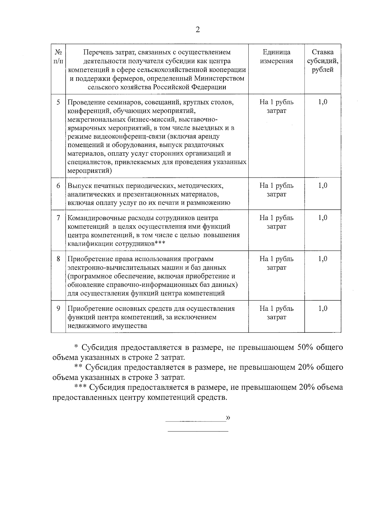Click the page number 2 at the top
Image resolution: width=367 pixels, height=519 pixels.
point(198,30)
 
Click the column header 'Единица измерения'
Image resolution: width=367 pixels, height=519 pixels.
point(276,57)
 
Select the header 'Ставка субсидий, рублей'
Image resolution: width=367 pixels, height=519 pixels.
point(323,61)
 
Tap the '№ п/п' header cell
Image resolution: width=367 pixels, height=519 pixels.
point(58,57)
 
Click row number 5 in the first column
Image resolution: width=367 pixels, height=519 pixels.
point(58,102)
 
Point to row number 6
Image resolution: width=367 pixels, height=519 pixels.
point(58,186)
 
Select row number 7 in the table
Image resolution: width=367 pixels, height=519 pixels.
point(58,218)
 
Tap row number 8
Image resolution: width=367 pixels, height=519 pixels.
point(58,259)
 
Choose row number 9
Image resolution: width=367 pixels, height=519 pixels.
point(58,308)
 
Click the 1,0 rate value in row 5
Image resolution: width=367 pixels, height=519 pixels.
point(323,102)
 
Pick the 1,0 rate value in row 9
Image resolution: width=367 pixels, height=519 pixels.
point(323,308)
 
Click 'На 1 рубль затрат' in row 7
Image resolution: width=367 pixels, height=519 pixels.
point(276,222)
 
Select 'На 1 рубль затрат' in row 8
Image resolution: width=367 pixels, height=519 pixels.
point(276,263)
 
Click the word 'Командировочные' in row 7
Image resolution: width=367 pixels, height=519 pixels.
point(93,218)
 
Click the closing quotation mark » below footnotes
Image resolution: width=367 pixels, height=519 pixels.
point(228,418)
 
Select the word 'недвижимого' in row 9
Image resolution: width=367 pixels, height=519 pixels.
point(87,326)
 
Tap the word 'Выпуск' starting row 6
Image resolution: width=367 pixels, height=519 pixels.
point(78,186)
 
